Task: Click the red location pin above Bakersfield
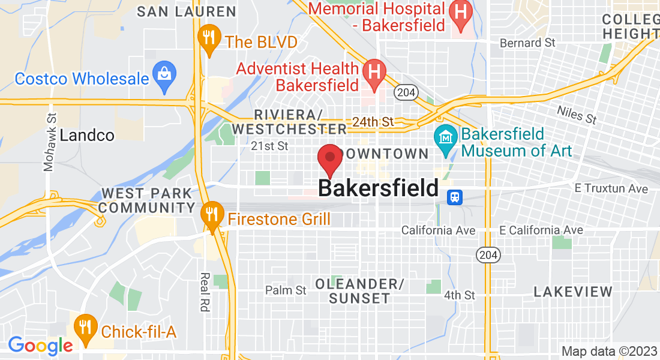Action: [x=329, y=158]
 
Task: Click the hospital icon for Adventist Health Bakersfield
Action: [x=374, y=73]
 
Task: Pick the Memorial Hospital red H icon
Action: [x=460, y=13]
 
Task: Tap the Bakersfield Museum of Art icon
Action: [x=446, y=139]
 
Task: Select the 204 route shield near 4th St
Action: [x=487, y=256]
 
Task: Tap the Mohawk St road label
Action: [x=50, y=142]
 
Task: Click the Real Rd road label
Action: [x=205, y=292]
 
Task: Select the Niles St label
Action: [x=577, y=115]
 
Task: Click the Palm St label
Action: [x=286, y=290]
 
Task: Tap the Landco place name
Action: [x=87, y=135]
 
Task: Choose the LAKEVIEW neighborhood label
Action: [x=573, y=292]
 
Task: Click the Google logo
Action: [x=40, y=346]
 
